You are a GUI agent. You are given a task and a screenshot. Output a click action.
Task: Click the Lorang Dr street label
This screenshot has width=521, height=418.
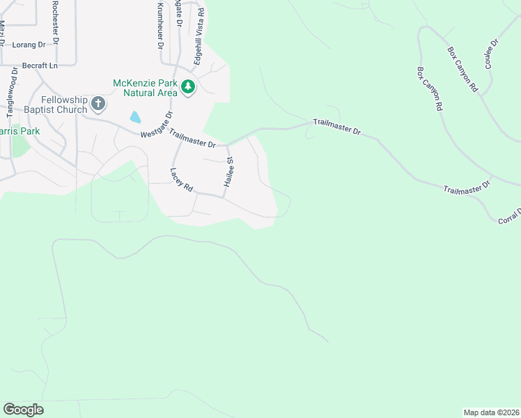(x=28, y=44)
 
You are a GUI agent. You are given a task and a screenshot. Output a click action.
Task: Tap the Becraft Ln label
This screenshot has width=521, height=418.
(x=39, y=65)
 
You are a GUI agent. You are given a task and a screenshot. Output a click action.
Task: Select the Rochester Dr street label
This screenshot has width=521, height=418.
(x=56, y=21)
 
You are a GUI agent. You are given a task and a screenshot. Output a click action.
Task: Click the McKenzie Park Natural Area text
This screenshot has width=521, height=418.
(x=146, y=87)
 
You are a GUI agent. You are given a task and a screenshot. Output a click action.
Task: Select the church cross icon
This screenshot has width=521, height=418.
(x=98, y=105)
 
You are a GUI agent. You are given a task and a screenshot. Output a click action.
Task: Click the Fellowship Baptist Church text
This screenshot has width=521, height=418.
(x=64, y=104)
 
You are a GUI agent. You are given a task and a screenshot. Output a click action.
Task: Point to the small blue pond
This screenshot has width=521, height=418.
(x=135, y=118)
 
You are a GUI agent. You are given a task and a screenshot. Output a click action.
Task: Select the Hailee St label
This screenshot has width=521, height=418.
(x=228, y=171)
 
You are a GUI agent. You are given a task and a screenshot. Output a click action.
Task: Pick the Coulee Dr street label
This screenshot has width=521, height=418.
(x=489, y=56)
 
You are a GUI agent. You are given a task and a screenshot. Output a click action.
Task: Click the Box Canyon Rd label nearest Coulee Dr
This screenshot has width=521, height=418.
(x=462, y=70)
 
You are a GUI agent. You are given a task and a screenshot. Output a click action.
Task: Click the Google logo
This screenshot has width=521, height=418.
(x=23, y=410)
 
